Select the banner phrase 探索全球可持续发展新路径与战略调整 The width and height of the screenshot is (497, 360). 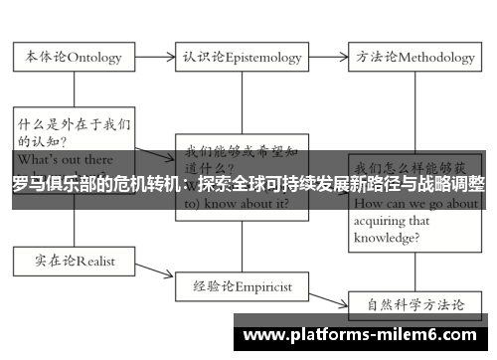342,184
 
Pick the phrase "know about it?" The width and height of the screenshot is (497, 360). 246,203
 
